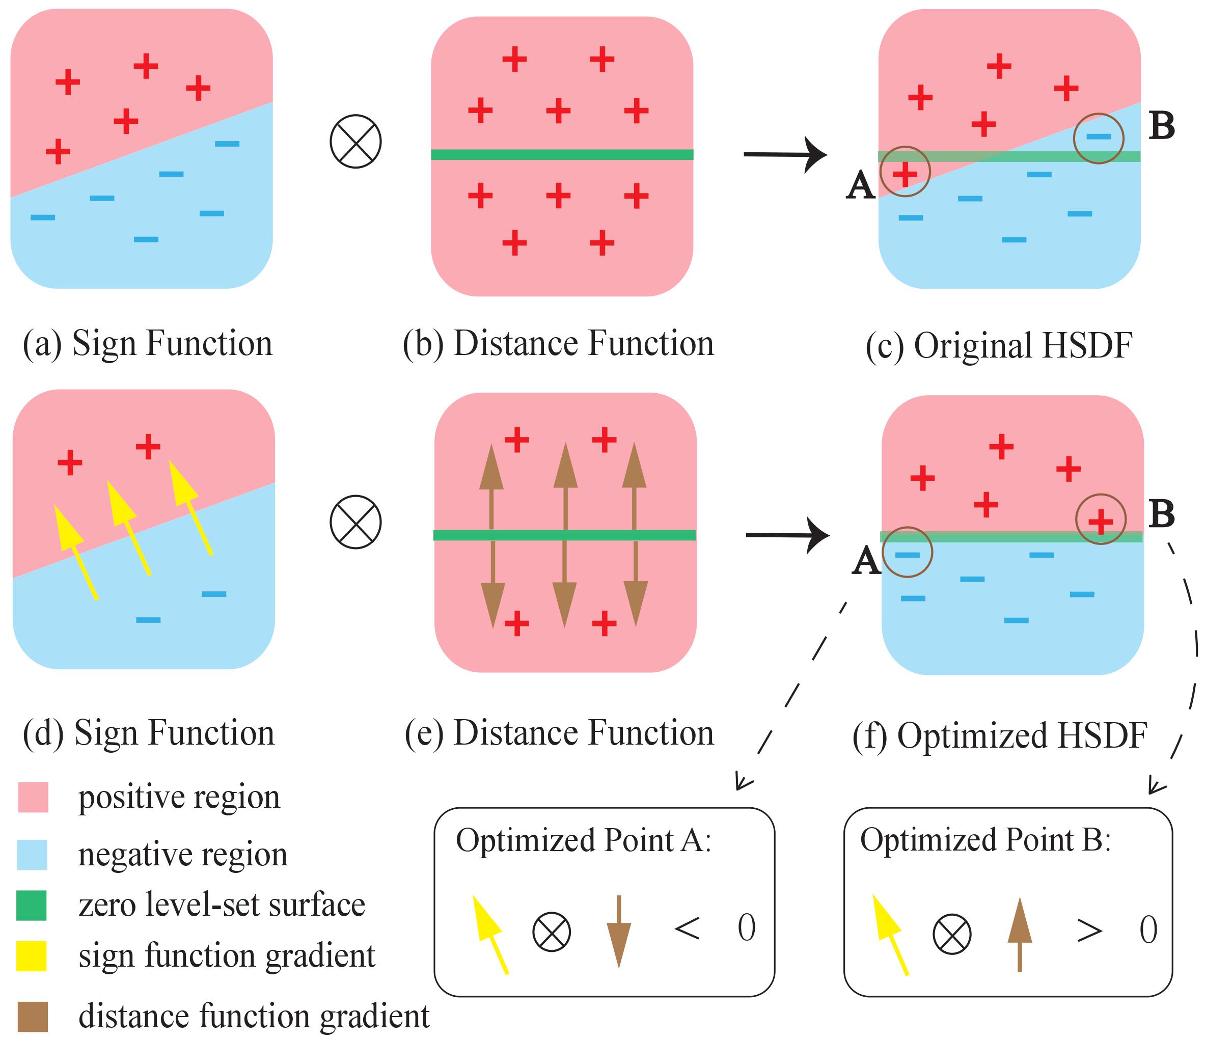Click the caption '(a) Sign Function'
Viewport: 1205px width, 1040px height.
(x=147, y=343)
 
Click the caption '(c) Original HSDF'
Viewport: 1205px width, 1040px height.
(x=999, y=345)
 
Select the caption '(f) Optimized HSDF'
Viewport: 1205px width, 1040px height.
(x=999, y=735)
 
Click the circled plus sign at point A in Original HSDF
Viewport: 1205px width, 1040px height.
(x=905, y=173)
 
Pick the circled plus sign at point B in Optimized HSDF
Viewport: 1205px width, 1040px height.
(x=1100, y=521)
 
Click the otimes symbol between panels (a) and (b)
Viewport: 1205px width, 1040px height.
(x=355, y=142)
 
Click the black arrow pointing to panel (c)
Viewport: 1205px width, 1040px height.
(x=785, y=155)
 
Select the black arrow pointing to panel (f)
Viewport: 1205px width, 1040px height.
(x=787, y=535)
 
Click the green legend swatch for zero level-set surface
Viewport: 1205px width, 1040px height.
(x=32, y=905)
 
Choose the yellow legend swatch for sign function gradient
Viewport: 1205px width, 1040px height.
(x=32, y=955)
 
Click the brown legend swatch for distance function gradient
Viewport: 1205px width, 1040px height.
(x=33, y=1016)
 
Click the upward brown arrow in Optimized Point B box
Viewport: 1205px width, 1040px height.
(x=1020, y=934)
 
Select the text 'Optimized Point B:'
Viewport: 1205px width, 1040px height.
(x=985, y=840)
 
